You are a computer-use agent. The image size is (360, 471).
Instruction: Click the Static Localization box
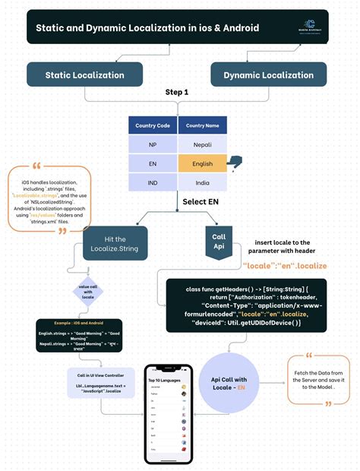85,74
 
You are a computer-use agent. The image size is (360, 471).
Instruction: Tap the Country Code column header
153,125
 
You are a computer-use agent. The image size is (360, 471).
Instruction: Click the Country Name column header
202,125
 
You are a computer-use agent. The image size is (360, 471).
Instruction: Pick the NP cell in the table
153,144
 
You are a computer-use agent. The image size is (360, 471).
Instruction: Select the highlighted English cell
202,163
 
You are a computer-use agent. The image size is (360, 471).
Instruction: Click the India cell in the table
202,182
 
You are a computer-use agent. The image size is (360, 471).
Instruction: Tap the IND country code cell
153,182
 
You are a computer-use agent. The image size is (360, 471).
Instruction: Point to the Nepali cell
202,144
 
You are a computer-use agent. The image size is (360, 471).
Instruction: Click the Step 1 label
177,92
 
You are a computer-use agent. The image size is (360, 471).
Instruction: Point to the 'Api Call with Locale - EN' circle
229,383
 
